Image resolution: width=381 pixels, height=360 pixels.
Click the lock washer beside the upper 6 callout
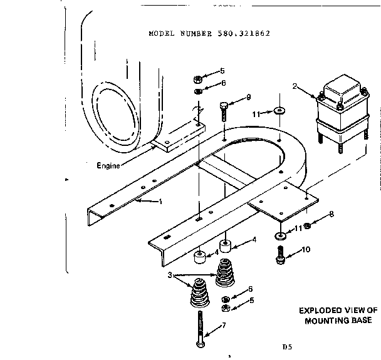pos(197,91)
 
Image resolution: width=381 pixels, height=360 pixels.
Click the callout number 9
pos(249,97)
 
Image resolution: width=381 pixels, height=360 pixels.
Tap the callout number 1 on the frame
pos(160,202)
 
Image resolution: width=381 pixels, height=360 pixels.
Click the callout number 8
pos(331,214)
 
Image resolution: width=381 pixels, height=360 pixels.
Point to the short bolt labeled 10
pos(280,255)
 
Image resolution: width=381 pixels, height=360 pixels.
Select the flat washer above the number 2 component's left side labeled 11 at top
pos(278,111)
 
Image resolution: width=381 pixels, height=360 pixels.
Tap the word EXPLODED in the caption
pos(318,310)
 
